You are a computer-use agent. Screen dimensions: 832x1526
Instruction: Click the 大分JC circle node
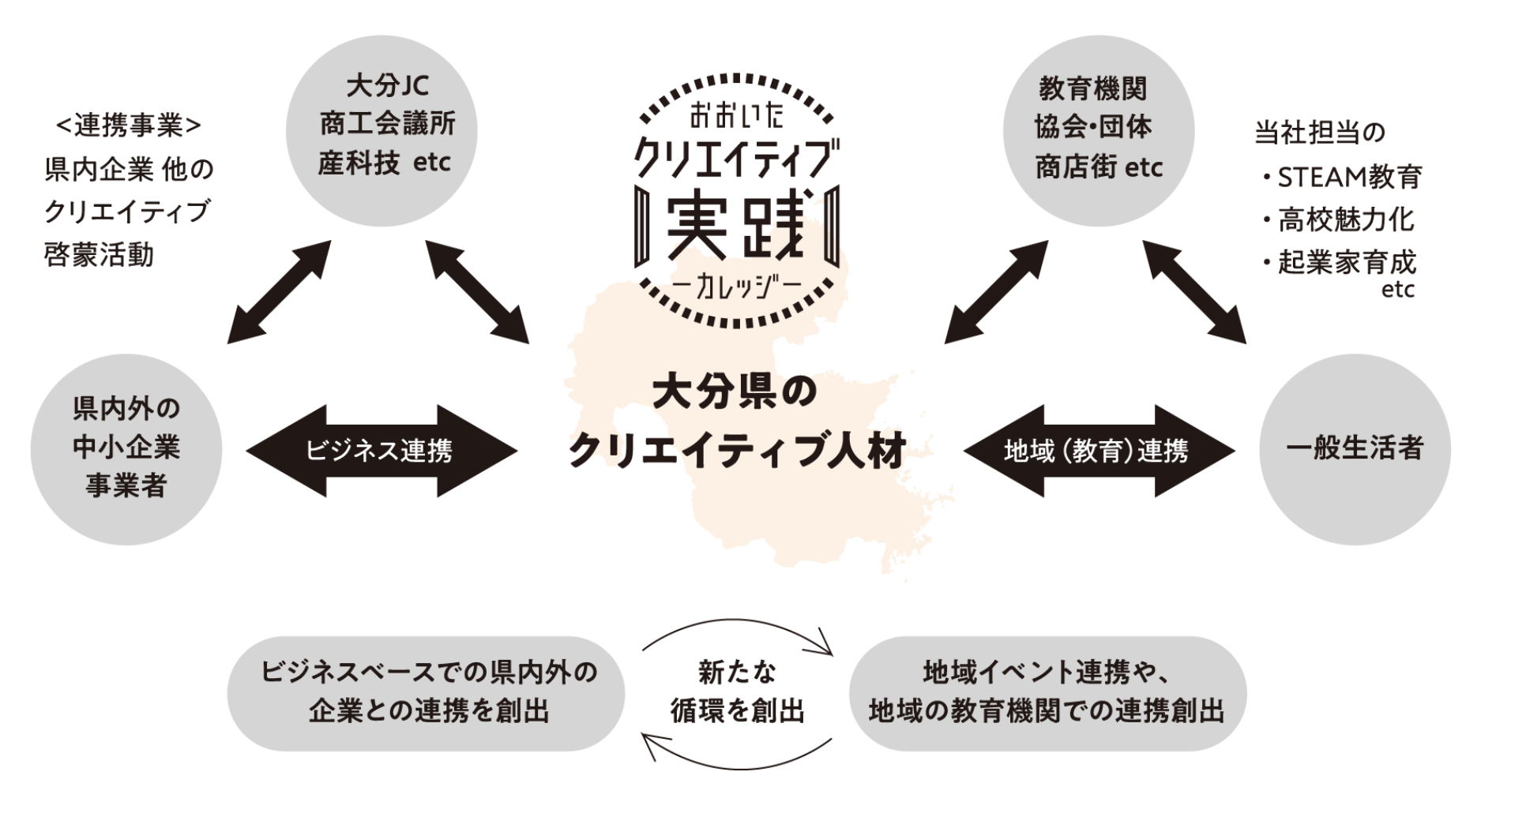pyautogui.click(x=381, y=130)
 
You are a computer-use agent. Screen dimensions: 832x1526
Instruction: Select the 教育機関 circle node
pyautogui.click(x=1098, y=130)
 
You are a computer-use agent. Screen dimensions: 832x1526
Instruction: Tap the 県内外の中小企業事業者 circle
pyautogui.click(x=126, y=448)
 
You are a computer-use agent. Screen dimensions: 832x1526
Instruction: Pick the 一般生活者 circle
pyautogui.click(x=1354, y=448)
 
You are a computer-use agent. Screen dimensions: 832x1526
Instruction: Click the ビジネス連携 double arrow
pyautogui.click(x=381, y=451)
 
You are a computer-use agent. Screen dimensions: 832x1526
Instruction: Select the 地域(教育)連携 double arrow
pyautogui.click(x=1098, y=451)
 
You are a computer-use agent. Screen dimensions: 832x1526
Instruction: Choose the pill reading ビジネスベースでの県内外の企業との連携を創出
pyautogui.click(x=427, y=692)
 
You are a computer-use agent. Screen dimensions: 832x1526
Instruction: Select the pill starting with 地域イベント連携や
pyautogui.click(x=1047, y=692)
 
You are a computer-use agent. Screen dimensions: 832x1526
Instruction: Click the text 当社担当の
pyautogui.click(x=1320, y=133)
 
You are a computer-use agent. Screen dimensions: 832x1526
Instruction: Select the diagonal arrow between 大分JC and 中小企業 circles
pyautogui.click(x=279, y=292)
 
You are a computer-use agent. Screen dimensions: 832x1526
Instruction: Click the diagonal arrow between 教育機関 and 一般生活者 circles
pyautogui.click(x=1193, y=292)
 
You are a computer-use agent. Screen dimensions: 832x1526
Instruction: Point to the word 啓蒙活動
pyautogui.click(x=100, y=255)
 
